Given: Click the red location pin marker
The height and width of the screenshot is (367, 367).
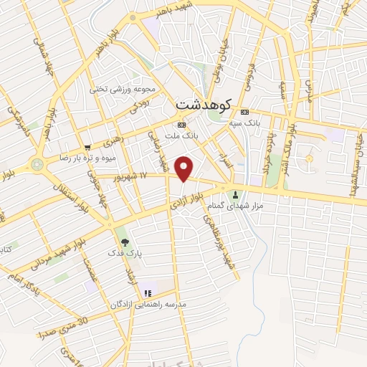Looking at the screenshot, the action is (x=185, y=168).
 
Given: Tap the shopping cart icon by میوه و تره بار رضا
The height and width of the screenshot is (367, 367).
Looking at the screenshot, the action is (x=87, y=146).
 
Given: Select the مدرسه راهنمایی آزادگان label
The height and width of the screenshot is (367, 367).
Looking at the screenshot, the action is (x=148, y=304).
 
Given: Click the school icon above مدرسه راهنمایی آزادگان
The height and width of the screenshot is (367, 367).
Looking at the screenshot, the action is (x=148, y=292).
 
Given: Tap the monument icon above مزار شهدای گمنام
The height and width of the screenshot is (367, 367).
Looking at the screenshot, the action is (x=235, y=195).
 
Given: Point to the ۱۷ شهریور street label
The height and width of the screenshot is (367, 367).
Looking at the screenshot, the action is (x=153, y=176).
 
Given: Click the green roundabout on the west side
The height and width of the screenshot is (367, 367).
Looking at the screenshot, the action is (x=37, y=163).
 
